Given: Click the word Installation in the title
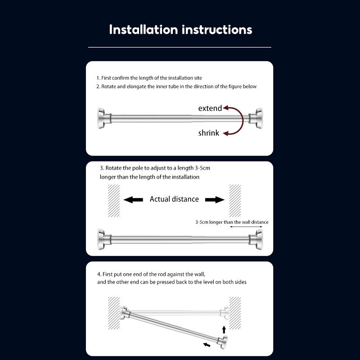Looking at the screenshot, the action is [x=144, y=30].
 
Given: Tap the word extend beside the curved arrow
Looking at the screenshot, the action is [x=210, y=108].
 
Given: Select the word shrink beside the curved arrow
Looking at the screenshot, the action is [x=209, y=133].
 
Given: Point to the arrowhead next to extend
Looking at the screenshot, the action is [x=226, y=108].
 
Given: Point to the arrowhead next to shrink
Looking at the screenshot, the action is [x=226, y=133].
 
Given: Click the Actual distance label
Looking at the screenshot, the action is [x=174, y=199].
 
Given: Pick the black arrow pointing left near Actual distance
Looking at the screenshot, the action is [x=133, y=200].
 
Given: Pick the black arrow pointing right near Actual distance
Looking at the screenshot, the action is [x=215, y=200].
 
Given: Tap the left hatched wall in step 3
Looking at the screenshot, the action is [x=114, y=201].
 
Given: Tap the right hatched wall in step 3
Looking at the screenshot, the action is [x=235, y=201].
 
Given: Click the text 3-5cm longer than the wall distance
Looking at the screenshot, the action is [x=232, y=222].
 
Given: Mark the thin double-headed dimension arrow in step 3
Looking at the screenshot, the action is [x=246, y=227].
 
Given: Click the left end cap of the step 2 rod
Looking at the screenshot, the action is [x=102, y=118].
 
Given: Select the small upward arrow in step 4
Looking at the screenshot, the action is [x=224, y=330].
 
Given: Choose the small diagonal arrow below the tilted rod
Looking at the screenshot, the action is [x=207, y=345].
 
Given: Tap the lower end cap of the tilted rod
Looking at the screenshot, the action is [x=223, y=342].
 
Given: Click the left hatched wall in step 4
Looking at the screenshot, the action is [x=114, y=313].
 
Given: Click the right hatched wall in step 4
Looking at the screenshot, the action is [x=235, y=313].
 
